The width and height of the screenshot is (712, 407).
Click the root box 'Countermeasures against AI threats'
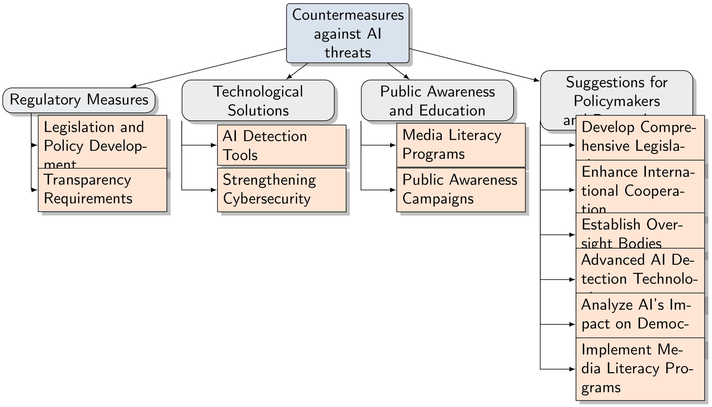[x=348, y=33]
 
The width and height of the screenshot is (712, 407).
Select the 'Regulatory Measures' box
[x=79, y=100]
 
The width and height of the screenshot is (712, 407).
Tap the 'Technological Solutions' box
[x=258, y=100]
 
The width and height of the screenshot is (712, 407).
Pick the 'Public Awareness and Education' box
[x=437, y=100]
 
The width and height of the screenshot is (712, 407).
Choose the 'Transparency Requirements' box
[x=102, y=190]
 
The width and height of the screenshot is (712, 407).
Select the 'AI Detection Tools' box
[x=282, y=145]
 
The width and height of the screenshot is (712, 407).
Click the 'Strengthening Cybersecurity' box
[x=282, y=190]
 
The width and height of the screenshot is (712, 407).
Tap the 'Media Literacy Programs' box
[x=461, y=145]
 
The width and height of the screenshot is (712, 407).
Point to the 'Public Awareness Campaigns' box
[x=461, y=190]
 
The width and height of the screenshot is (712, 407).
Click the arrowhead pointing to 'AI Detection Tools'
[x=214, y=145]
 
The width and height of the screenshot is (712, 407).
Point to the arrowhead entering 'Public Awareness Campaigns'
[x=393, y=190]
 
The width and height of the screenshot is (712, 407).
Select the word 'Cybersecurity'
[x=267, y=199]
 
